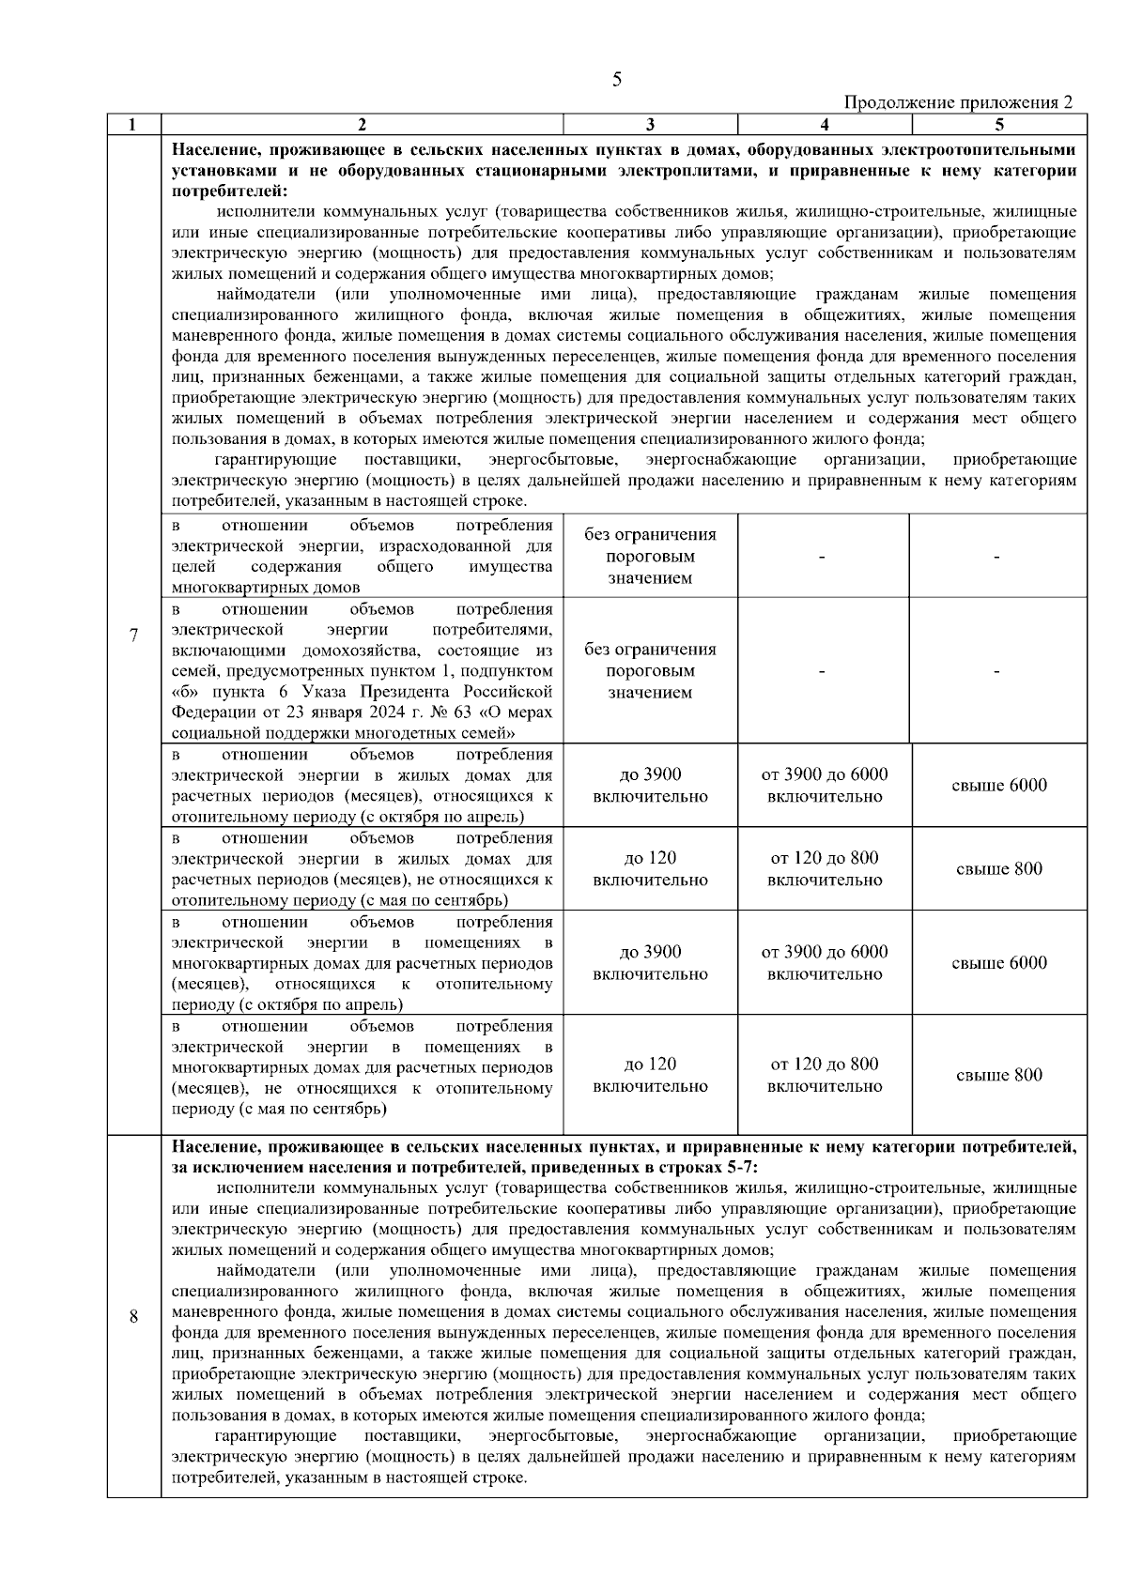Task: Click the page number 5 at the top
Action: [616, 79]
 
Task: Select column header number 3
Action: [650, 124]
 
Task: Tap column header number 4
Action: [824, 124]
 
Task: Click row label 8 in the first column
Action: [133, 1317]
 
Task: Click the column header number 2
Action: [362, 124]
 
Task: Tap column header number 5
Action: [999, 124]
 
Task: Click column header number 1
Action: [133, 124]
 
